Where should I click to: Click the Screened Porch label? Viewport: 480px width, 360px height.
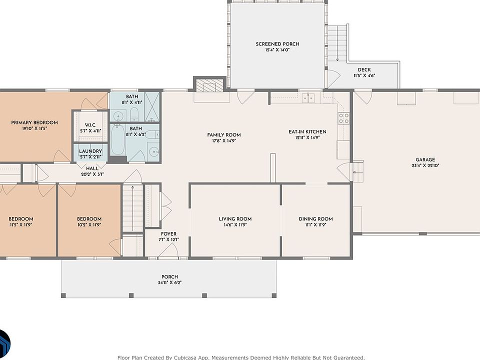[277, 44]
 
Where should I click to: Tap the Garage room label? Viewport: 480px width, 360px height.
[425, 160]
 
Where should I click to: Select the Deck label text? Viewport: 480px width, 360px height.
[364, 70]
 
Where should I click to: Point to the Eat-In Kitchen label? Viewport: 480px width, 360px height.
[307, 132]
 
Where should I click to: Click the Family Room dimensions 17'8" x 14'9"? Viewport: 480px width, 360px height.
[224, 141]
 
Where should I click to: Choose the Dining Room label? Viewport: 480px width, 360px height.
[315, 219]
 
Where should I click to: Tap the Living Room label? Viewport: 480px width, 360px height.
[235, 219]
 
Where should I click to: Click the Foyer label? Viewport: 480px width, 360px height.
[168, 234]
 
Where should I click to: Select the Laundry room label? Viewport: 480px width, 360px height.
[90, 151]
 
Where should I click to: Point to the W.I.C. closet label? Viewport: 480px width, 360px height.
[90, 125]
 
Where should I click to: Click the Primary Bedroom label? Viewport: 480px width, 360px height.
[34, 123]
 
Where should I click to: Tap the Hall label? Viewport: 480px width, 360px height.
[92, 168]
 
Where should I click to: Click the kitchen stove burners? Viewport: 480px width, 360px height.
[343, 118]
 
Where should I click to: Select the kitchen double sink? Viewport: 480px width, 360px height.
[308, 98]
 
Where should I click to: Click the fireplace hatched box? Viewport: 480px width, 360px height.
[209, 85]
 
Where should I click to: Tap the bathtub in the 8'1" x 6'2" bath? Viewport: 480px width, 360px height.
[117, 139]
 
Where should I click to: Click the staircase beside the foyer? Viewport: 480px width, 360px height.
[133, 207]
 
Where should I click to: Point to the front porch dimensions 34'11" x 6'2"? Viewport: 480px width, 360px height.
[169, 282]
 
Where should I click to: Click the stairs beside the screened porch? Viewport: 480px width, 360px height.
[337, 43]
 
